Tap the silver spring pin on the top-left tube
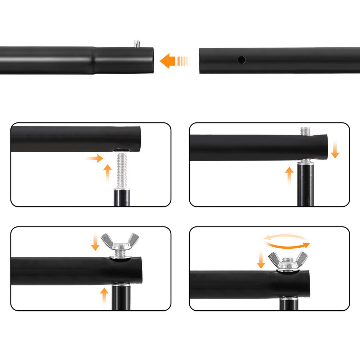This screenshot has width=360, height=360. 136,44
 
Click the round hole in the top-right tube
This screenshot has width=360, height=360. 242,59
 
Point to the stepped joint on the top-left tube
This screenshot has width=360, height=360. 95,60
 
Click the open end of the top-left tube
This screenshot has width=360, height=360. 154,60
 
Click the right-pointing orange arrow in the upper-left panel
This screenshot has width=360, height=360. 95,158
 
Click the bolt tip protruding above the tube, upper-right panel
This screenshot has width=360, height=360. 305,131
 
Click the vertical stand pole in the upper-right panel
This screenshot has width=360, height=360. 306,187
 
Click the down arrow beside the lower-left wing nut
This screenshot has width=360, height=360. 95,242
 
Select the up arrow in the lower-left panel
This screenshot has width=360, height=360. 104,296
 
